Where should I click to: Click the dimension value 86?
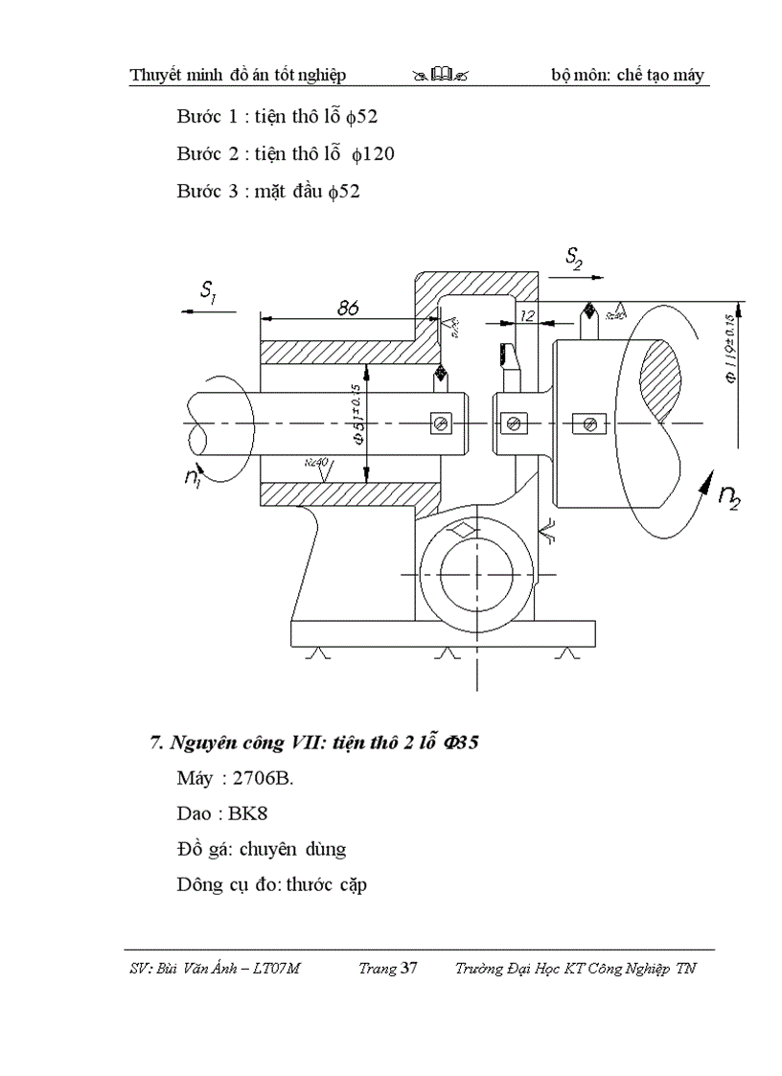(x=348, y=308)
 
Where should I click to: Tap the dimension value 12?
(x=527, y=314)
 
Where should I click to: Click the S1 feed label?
(x=208, y=293)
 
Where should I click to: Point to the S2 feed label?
(x=574, y=257)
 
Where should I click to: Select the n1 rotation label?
(x=195, y=476)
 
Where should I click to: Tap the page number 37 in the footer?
(x=409, y=969)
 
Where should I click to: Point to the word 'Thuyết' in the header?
(x=160, y=75)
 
